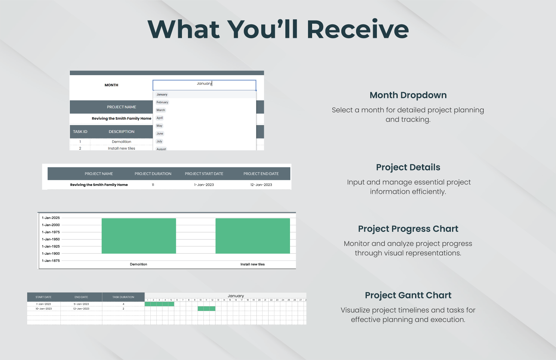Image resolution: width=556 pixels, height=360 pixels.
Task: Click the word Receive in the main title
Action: (x=358, y=29)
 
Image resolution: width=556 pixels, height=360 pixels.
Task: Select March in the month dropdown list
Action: (x=161, y=110)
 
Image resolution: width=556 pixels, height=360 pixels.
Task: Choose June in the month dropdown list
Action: (x=160, y=134)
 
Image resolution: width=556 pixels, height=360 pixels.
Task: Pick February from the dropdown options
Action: (x=162, y=102)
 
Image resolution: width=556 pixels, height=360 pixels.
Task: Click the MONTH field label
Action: (x=112, y=85)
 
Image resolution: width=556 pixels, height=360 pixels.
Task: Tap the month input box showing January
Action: (x=204, y=85)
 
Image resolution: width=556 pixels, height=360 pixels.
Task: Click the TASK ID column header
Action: (x=80, y=132)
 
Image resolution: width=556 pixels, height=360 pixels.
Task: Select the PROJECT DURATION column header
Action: (x=153, y=174)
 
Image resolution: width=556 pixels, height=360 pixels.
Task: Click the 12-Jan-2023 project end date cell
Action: (x=261, y=185)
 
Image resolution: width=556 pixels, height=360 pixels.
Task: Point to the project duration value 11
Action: (x=153, y=185)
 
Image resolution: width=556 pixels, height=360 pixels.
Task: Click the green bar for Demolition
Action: (x=139, y=236)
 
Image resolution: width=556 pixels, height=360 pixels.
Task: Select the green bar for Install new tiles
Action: (x=253, y=236)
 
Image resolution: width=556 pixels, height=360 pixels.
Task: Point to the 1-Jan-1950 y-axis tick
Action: (x=51, y=239)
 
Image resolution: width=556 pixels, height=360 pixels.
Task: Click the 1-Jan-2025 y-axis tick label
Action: (x=51, y=218)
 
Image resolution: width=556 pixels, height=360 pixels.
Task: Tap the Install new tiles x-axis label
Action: (x=252, y=264)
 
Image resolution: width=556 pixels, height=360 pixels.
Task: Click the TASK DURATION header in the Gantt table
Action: (x=123, y=297)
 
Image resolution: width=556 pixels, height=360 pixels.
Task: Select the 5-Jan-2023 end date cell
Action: (x=81, y=304)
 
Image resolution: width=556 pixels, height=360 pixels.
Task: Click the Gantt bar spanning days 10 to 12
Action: (x=207, y=309)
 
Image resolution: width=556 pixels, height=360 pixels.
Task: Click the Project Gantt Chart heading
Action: (x=408, y=295)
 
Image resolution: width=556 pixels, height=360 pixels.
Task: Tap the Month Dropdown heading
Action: (x=408, y=95)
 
